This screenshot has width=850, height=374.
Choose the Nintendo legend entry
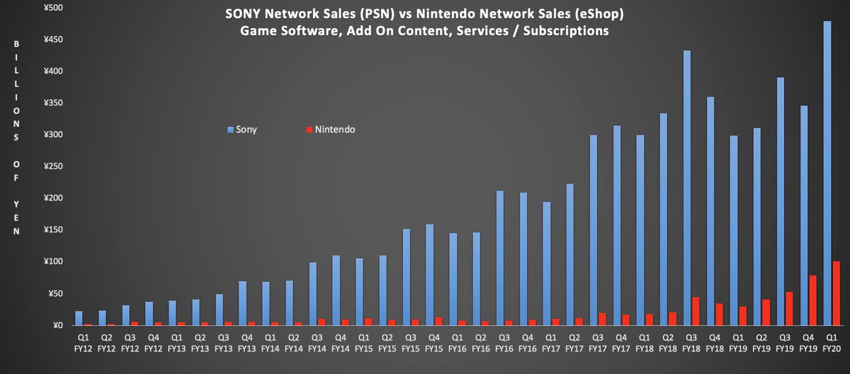pos(330,130)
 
